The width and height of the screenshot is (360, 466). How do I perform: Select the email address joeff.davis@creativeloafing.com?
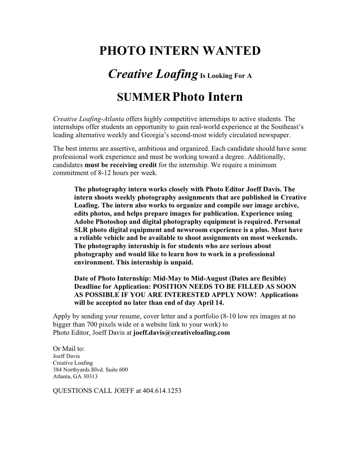coord(181,333)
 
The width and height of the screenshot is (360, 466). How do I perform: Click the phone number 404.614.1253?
coord(162,391)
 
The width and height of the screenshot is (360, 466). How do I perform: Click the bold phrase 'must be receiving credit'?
coord(121,165)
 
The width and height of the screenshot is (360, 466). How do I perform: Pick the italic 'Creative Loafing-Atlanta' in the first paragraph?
coord(89,119)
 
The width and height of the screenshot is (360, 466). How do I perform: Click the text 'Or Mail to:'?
coord(69,349)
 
